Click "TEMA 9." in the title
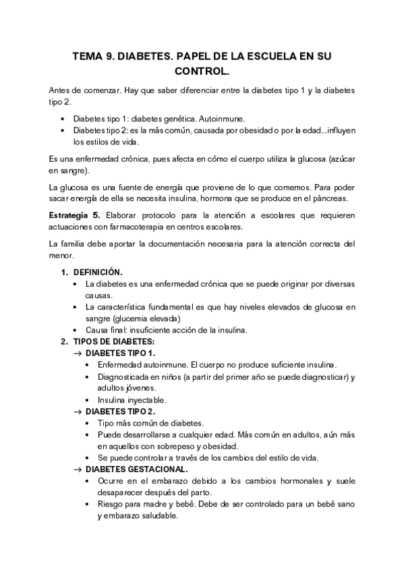[92, 58]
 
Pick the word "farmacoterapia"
[152, 227]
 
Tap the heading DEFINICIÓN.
[98, 272]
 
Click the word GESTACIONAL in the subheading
[156, 469]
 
